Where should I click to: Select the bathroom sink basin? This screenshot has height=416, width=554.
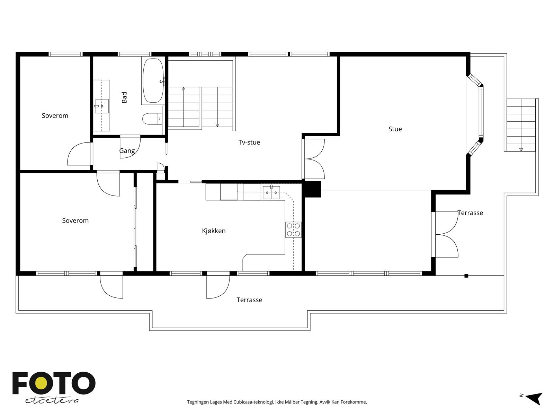pos(102,105)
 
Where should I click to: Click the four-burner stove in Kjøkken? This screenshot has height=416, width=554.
pos(293,230)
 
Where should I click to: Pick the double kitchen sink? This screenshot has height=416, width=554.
pos(271,192)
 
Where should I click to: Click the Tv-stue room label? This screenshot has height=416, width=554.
pos(249,142)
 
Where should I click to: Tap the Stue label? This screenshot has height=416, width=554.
pos(395,129)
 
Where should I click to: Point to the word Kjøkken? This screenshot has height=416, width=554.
pos(214,231)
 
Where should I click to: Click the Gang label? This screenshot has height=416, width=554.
pos(127,151)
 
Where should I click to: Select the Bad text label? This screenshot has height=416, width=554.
pos(125,97)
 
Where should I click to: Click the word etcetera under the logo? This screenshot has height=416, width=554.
pos(52,401)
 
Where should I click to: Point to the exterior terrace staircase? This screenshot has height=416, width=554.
pos(521,125)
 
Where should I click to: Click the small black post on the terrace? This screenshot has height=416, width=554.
pos(466,276)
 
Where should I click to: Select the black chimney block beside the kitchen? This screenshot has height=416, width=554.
pos(312,189)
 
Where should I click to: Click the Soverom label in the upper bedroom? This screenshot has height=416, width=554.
pos(55,116)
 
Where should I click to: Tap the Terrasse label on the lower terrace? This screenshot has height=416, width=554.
pos(249,300)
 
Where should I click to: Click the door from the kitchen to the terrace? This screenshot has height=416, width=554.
pos(218,286)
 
